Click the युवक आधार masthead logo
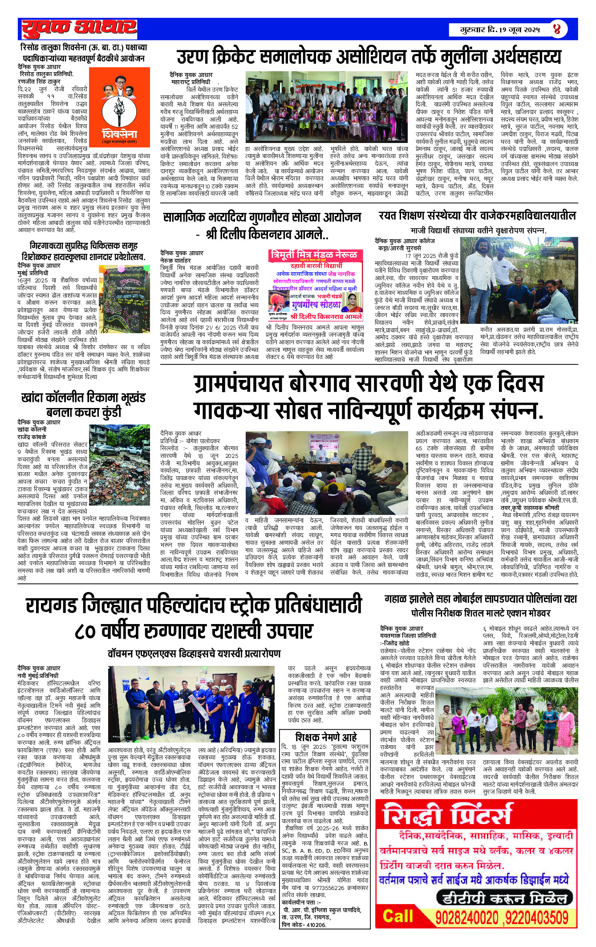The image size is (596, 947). pos(79,29)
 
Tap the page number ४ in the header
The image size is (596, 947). pos(557,29)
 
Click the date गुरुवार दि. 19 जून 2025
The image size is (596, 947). pos(500,30)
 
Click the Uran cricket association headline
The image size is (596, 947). pos(369,57)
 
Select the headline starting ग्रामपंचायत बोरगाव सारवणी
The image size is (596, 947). pos(369,397)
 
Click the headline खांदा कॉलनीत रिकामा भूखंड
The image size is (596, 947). pos(83,404)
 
